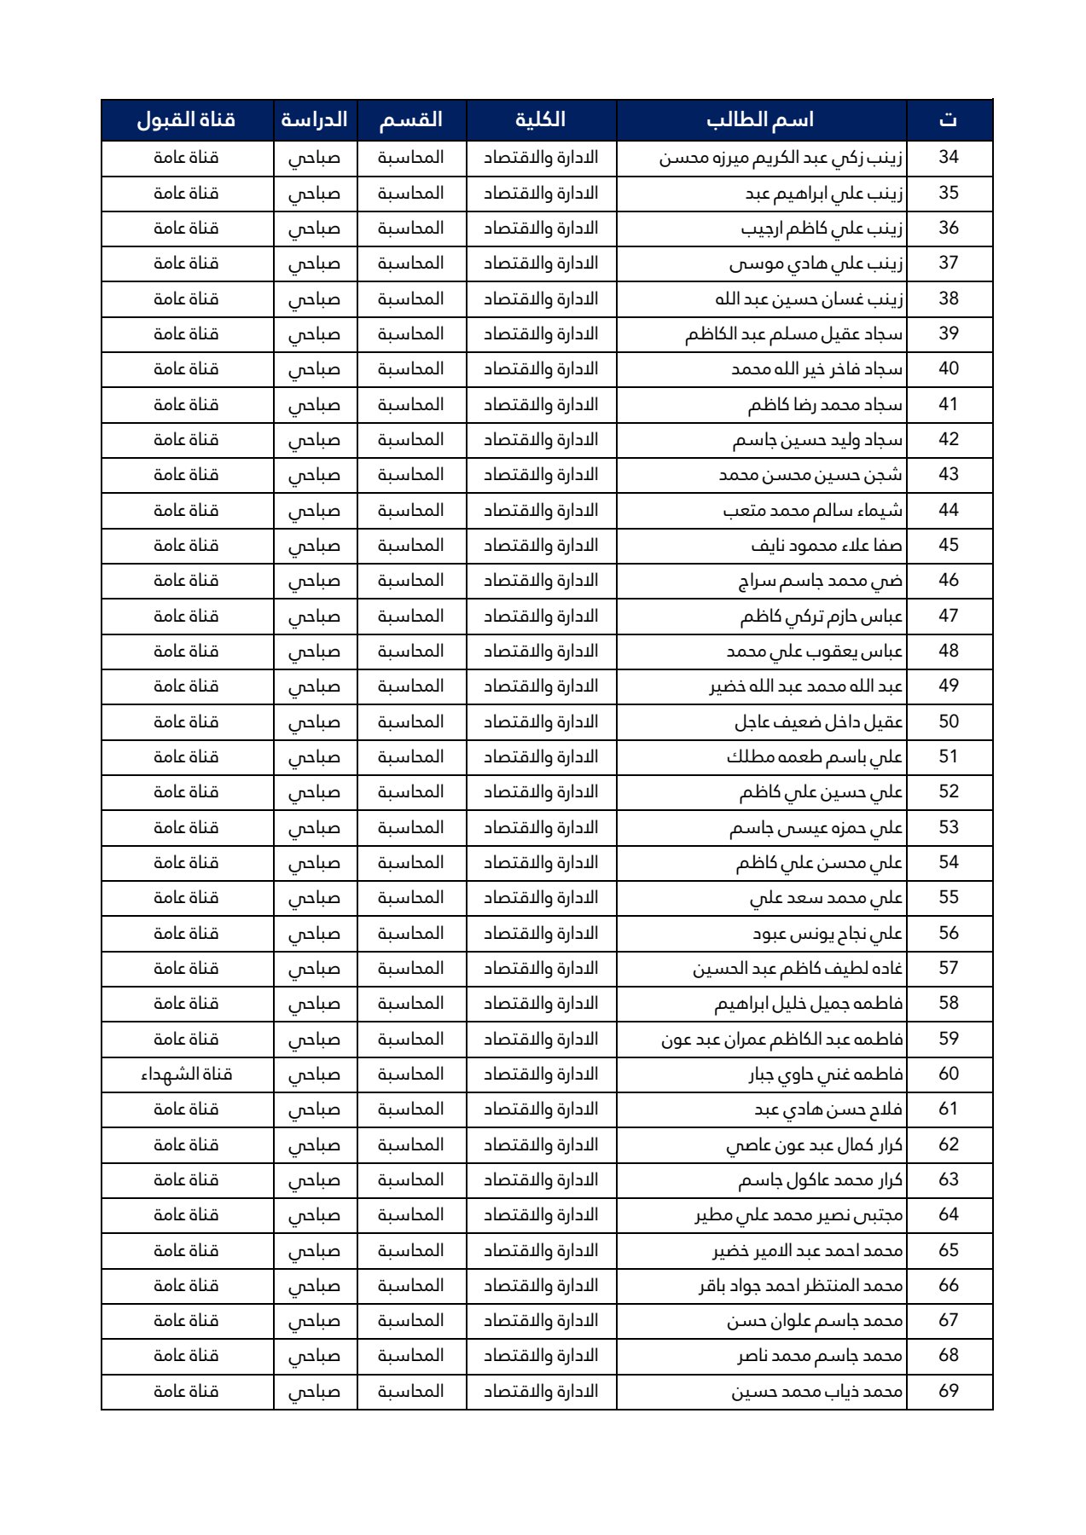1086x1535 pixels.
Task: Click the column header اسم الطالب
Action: (x=760, y=119)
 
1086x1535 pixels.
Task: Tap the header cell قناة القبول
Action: (x=186, y=119)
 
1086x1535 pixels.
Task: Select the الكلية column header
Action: (x=540, y=119)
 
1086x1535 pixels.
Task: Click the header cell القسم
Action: (x=411, y=119)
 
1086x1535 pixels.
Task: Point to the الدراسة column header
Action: (x=314, y=119)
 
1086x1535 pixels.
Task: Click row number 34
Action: (x=949, y=158)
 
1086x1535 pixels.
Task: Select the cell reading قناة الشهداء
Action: (x=186, y=1074)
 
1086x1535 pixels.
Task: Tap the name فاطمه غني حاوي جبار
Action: (x=825, y=1074)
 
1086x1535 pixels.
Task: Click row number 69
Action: (x=949, y=1392)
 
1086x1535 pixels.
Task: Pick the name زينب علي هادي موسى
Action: (x=816, y=264)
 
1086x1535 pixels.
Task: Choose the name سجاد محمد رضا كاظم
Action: (x=825, y=405)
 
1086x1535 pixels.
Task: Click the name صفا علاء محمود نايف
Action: (x=827, y=546)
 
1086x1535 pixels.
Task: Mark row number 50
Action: (x=949, y=722)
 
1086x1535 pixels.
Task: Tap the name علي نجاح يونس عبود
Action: (x=827, y=934)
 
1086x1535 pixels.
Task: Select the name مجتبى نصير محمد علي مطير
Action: (x=799, y=1215)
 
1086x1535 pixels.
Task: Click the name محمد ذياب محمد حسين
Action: (x=816, y=1392)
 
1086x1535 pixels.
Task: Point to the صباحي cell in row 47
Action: (x=314, y=617)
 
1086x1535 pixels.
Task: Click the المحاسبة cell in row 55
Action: (x=411, y=898)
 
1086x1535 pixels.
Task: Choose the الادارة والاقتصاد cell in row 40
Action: (x=541, y=369)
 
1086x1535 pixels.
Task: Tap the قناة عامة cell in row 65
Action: (x=186, y=1251)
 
